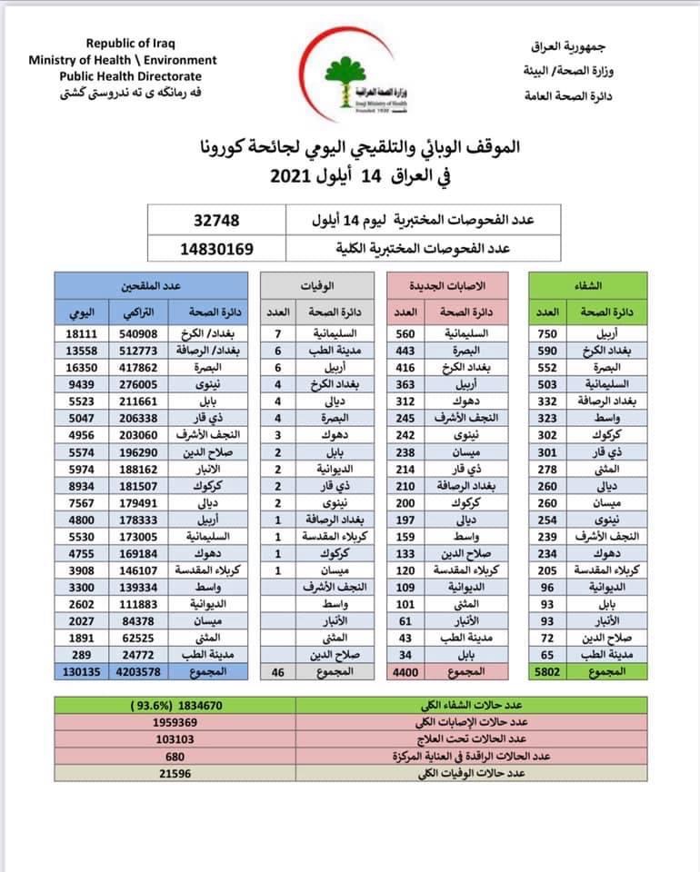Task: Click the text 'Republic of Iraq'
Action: click(131, 44)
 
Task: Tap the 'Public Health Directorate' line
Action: click(131, 76)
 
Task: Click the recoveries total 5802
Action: click(550, 671)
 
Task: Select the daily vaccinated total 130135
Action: click(77, 671)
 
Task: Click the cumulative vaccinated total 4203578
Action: click(134, 671)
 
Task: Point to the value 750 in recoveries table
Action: click(550, 333)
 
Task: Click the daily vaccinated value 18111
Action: click(76, 333)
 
